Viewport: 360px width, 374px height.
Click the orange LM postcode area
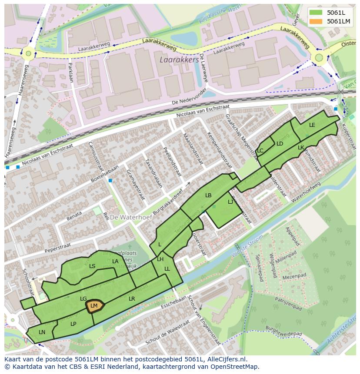click(94, 306)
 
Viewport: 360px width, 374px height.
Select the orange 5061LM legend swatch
click(317, 21)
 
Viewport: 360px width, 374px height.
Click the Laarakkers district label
click(179, 60)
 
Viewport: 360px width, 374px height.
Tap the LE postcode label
click(312, 125)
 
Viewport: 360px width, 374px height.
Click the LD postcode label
click(280, 144)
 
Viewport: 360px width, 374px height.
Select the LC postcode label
click(260, 151)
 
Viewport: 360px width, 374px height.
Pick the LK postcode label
click(301, 148)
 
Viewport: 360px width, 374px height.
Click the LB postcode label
click(208, 195)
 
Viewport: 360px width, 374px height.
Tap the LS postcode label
click(92, 266)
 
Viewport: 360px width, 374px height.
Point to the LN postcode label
click(42, 332)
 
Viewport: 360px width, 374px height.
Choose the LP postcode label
click(73, 324)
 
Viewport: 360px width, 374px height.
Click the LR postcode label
click(132, 299)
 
